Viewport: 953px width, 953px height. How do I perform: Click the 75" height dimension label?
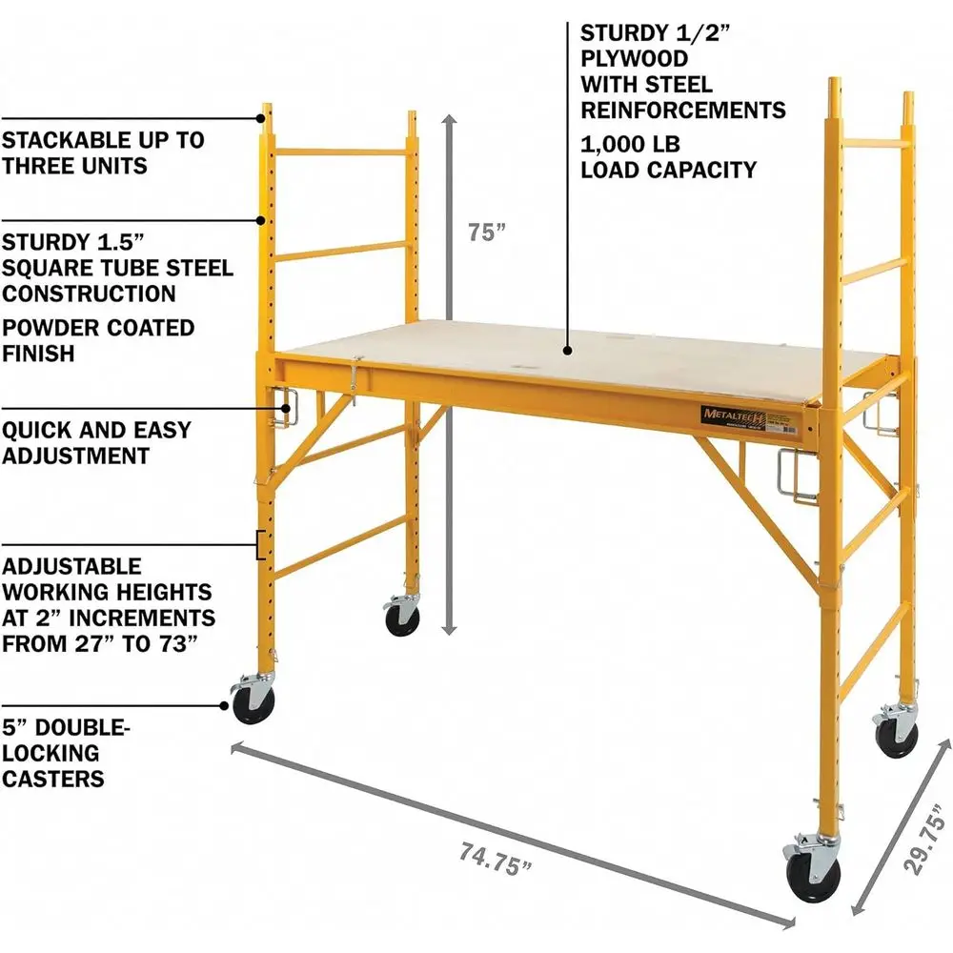click(x=486, y=233)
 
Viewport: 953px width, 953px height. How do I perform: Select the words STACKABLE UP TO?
click(x=103, y=140)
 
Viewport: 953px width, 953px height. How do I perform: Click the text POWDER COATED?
click(x=98, y=328)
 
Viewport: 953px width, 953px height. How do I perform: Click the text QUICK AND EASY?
click(x=96, y=430)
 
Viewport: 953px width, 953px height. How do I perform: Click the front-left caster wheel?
click(x=254, y=703)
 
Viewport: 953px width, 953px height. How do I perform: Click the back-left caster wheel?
click(x=402, y=619)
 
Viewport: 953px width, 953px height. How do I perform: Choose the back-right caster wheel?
click(x=896, y=737)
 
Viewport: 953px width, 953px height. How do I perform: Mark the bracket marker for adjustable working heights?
click(x=259, y=545)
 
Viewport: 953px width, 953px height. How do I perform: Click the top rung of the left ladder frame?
click(x=341, y=152)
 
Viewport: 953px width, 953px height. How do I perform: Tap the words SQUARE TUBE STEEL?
click(x=117, y=268)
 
